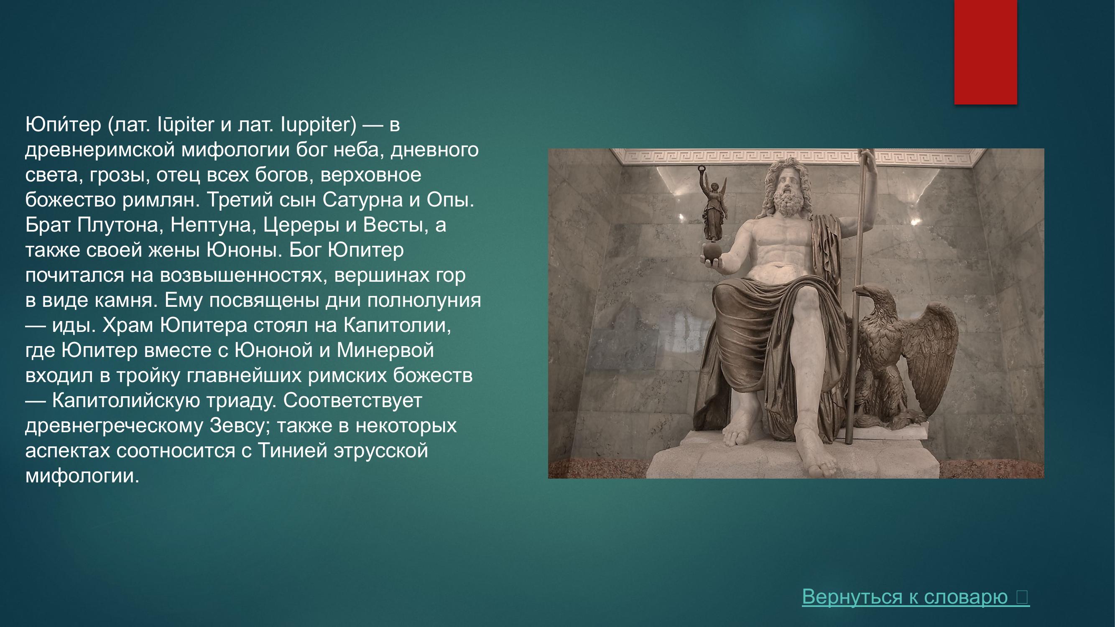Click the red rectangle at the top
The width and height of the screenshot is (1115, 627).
(x=985, y=52)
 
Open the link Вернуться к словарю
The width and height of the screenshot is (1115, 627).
(x=916, y=596)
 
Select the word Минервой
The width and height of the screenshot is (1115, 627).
(x=385, y=350)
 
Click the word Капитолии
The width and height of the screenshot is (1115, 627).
(x=398, y=325)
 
